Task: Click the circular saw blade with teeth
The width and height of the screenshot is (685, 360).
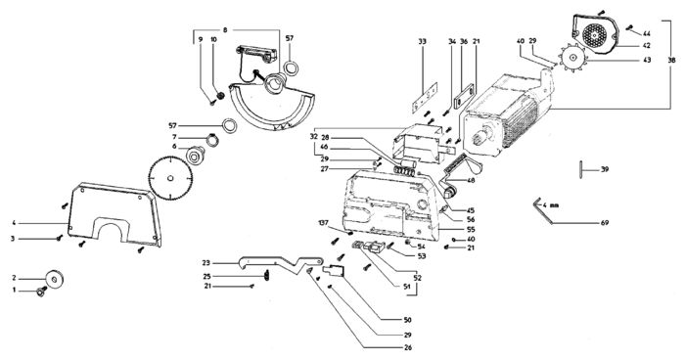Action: coord(170,178)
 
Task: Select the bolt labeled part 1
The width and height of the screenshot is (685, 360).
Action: coord(42,291)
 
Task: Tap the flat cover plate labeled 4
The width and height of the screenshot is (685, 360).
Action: coord(114,214)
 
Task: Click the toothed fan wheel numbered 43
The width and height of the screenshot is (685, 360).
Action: coord(571,57)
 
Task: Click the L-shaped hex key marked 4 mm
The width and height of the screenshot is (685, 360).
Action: coord(542,210)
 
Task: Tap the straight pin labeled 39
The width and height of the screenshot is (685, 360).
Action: coord(581,169)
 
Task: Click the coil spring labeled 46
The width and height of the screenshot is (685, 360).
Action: coord(403,170)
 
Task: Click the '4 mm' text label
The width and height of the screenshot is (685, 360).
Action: coord(551,204)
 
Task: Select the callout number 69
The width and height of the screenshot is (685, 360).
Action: coord(605,223)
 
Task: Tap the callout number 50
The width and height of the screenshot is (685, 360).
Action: coord(408,320)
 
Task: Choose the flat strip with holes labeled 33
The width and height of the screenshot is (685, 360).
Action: coord(425,98)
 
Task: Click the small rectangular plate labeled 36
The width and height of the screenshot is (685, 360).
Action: coord(464,96)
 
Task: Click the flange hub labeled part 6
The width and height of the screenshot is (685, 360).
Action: coord(195,156)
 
